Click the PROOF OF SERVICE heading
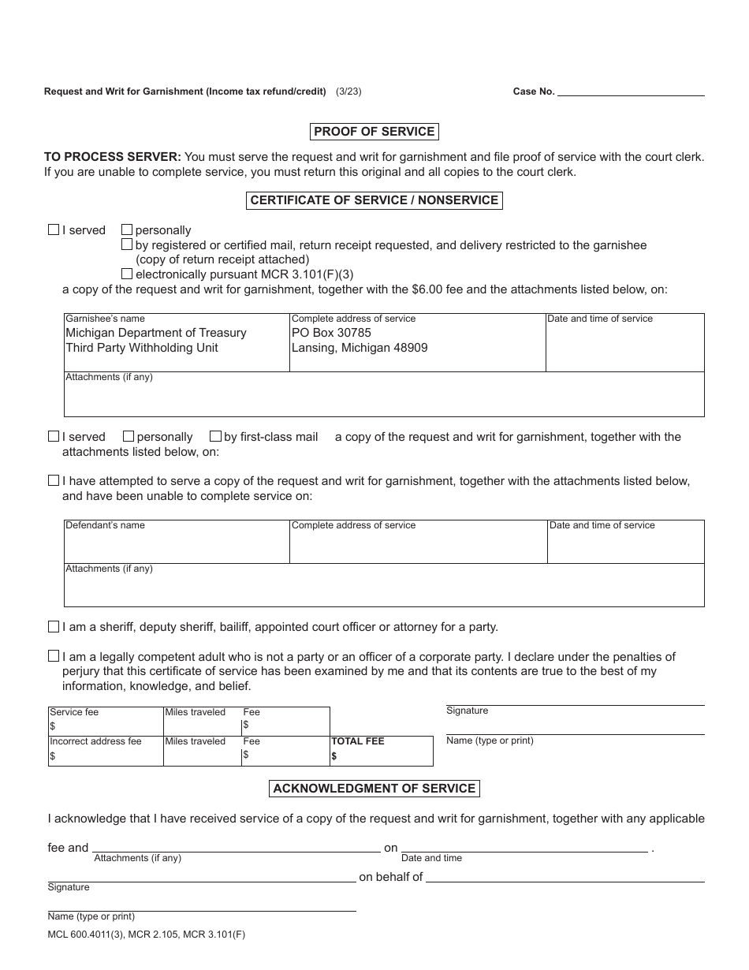pos(374,132)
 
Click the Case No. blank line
pos(631,91)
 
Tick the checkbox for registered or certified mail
pos(127,244)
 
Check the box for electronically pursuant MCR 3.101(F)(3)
pos(127,274)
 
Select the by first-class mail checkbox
pos(215,436)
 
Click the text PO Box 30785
pos(331,333)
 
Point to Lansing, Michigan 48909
pos(360,348)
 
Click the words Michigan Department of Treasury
pos(156,333)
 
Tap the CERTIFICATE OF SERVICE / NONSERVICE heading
pos(374,200)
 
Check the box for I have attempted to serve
pos(54,479)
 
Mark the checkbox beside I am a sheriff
pos(54,627)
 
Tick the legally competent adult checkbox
pos(54,656)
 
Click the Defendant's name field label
pos(105,525)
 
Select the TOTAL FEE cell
pos(381,751)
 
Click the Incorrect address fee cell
pos(105,751)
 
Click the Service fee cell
pos(105,721)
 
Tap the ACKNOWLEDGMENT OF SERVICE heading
pos(374,789)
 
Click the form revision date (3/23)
pos(348,91)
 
